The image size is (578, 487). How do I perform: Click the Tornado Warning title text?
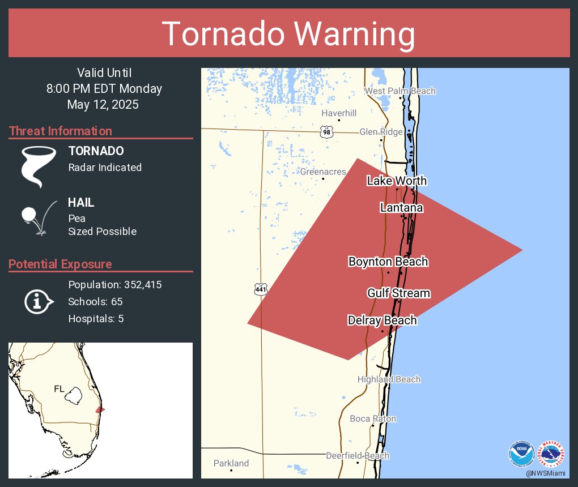click(x=288, y=34)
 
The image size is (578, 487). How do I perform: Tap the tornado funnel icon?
click(x=39, y=166)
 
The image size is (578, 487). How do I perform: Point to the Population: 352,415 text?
click(x=115, y=284)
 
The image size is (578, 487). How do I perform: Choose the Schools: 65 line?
click(x=95, y=301)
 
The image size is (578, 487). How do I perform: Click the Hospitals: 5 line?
click(x=96, y=318)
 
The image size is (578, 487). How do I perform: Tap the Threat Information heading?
click(x=61, y=131)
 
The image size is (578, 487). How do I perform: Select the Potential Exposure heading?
click(x=60, y=264)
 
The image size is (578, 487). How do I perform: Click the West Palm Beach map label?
click(x=400, y=91)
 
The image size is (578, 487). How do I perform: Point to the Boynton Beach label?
click(x=388, y=262)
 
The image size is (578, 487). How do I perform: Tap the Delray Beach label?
click(x=382, y=321)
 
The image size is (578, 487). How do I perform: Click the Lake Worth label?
click(x=397, y=181)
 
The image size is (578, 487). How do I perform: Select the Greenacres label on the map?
click(x=323, y=172)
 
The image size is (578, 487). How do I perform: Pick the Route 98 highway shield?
click(x=326, y=132)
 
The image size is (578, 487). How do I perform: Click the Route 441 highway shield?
click(x=261, y=289)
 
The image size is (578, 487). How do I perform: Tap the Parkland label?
click(x=231, y=463)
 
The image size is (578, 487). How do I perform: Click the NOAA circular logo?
click(x=521, y=454)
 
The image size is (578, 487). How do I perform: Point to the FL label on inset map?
click(x=59, y=388)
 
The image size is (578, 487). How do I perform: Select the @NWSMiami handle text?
click(x=545, y=473)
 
